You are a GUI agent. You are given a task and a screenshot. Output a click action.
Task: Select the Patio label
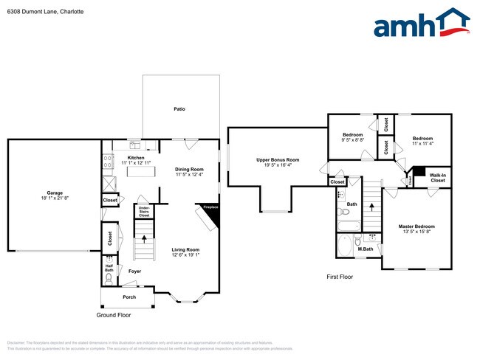(179, 109)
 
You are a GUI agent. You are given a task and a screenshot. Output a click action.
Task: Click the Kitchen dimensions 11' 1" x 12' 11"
(136, 162)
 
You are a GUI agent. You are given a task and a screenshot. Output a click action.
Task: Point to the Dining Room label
(189, 169)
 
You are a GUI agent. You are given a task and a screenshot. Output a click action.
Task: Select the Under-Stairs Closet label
(143, 212)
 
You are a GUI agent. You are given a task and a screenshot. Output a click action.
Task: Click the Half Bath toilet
(110, 260)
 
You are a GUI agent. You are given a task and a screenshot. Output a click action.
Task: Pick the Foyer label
(134, 271)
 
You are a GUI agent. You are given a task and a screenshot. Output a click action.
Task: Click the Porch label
(129, 297)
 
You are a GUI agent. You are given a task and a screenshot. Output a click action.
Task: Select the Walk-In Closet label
(438, 178)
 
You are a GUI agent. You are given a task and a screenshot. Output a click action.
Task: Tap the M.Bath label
(364, 249)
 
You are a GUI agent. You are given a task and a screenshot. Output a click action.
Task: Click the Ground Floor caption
(114, 315)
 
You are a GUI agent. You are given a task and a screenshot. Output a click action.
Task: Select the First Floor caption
(340, 277)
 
